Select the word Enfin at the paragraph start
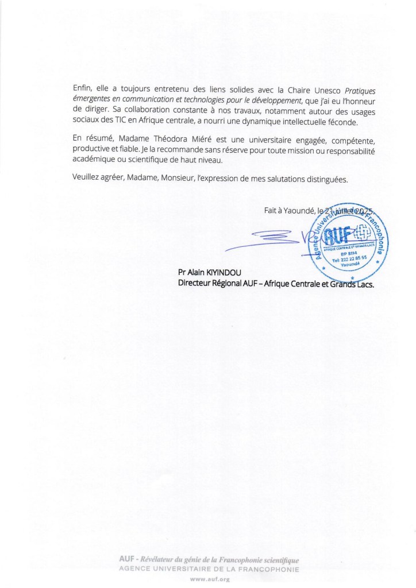tap(83, 88)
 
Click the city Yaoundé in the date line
tap(296, 211)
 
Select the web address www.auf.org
tap(208, 579)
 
